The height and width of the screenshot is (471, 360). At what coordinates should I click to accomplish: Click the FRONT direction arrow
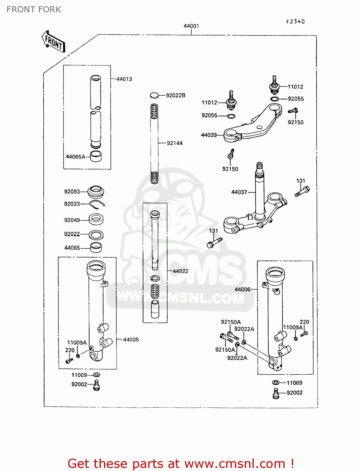54,42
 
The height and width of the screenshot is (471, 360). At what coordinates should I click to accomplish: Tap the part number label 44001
191,26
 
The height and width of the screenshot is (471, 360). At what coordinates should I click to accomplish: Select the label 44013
124,79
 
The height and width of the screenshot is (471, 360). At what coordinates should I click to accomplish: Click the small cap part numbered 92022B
154,95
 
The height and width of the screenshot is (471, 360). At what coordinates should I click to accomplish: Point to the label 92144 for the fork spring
175,143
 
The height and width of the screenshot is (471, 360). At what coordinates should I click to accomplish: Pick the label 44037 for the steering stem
239,192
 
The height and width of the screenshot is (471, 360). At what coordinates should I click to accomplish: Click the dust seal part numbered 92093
96,191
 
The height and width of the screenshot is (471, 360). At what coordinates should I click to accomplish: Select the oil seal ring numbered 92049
96,219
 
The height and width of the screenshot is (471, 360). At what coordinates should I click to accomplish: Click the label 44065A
75,157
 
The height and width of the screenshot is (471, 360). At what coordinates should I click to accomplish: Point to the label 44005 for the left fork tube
131,339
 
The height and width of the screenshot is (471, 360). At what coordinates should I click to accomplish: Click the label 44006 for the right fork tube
243,290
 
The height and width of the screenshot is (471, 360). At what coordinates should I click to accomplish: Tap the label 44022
181,271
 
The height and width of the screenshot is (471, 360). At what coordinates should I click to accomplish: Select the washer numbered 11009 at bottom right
275,382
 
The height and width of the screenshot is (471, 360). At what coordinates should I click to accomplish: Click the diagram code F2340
295,21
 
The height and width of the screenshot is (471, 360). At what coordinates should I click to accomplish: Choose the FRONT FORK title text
34,9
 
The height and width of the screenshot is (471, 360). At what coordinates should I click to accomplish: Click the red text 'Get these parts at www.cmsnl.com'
181,463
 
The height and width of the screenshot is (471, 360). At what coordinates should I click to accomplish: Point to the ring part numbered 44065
96,247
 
